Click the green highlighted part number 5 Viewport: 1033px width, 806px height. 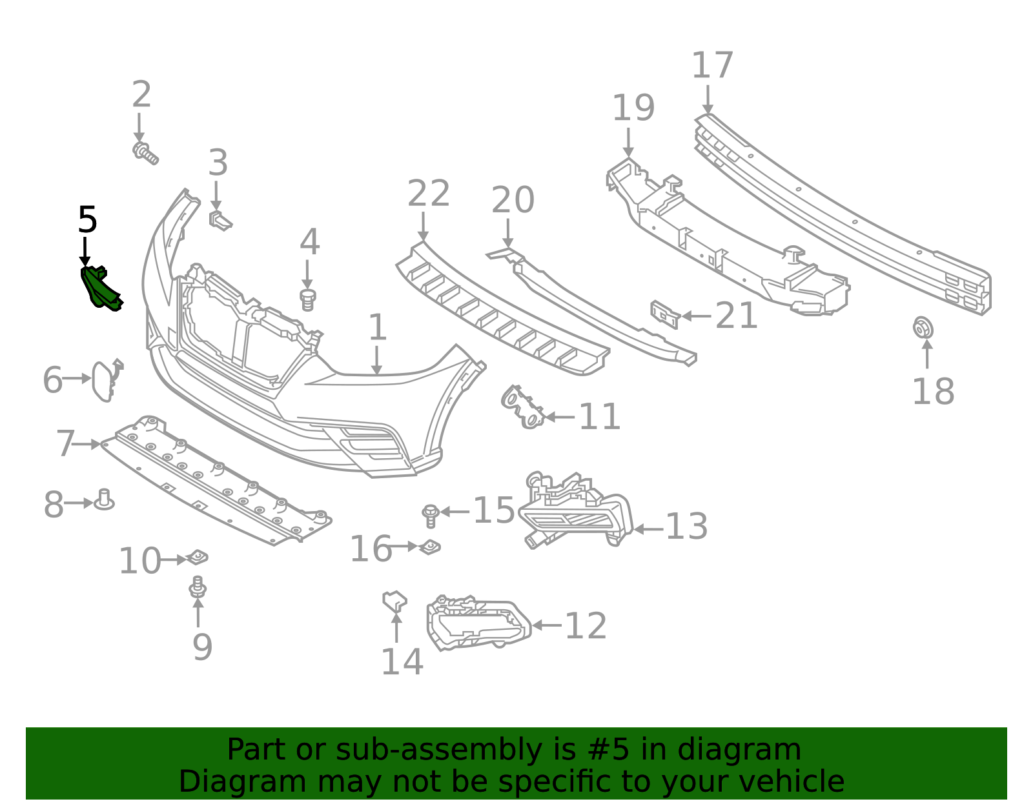tap(100, 288)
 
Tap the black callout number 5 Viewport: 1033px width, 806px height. tap(87, 221)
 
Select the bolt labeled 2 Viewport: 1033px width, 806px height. tap(145, 154)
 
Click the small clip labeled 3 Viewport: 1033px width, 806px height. tap(220, 219)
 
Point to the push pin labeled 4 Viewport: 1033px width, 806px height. tap(309, 299)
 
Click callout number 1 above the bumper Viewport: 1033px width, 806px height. tap(377, 328)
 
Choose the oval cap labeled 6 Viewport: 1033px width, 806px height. tap(104, 381)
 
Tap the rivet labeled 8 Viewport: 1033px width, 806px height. tap(104, 500)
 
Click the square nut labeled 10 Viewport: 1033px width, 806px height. tap(197, 556)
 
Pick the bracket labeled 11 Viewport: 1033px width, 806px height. tap(522, 407)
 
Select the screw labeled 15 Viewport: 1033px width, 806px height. tap(430, 515)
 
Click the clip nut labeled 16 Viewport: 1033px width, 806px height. tap(430, 547)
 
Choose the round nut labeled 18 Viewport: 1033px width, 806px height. tap(923, 328)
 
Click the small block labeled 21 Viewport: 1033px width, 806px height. tap(665, 314)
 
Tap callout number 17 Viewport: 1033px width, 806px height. tap(713, 66)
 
